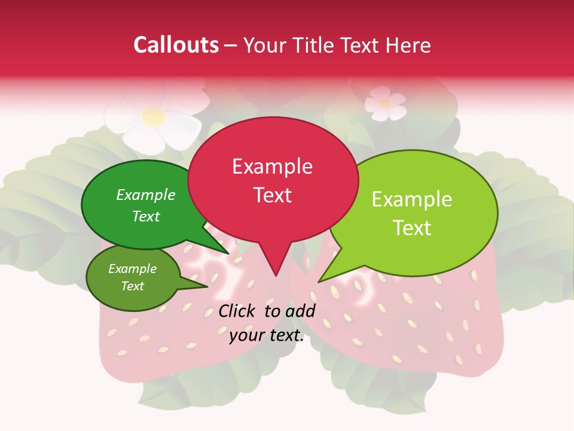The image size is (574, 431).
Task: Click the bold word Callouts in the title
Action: [x=176, y=45]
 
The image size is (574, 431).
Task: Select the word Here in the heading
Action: [x=409, y=45]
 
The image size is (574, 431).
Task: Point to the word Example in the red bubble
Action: [x=272, y=166]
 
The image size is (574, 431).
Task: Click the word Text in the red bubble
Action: [x=272, y=195]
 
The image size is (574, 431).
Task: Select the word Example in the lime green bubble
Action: [x=412, y=199]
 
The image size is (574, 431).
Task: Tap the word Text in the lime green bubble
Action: [x=412, y=228]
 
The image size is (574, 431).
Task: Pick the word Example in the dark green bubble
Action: [x=146, y=195]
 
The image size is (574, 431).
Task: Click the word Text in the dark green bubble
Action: [x=146, y=217]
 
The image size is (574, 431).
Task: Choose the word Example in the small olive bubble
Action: [x=132, y=269]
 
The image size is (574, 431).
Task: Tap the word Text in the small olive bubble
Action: [x=132, y=286]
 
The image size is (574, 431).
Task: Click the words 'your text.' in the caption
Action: [x=267, y=336]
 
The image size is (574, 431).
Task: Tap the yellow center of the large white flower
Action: [x=154, y=116]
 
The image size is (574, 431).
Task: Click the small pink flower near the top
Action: [x=385, y=103]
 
